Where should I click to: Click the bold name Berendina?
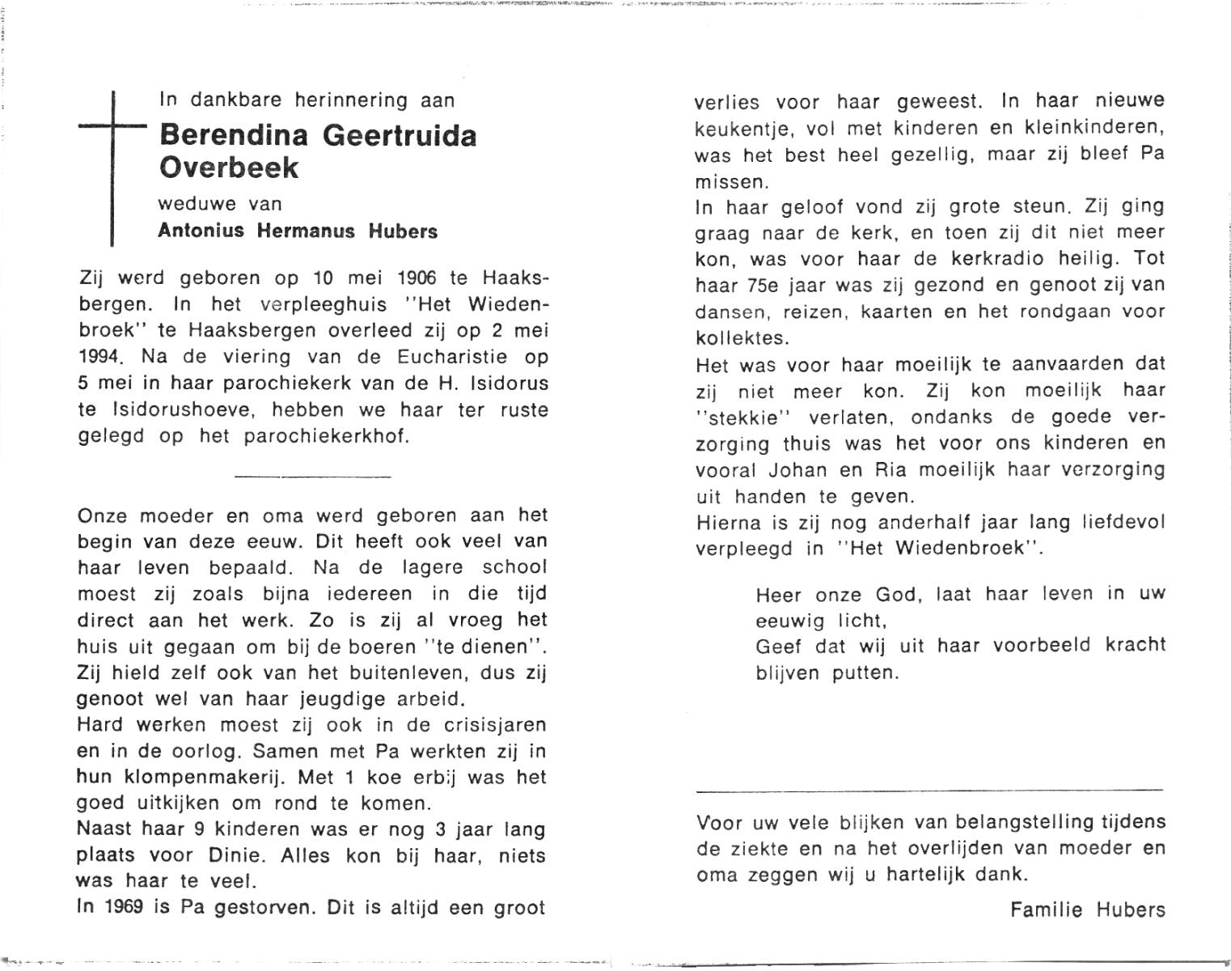[x=234, y=134]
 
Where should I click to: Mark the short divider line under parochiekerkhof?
[x=312, y=476]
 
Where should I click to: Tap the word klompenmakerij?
[x=201, y=778]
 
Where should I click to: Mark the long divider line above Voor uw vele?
[x=929, y=790]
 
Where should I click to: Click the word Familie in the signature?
[x=1046, y=910]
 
